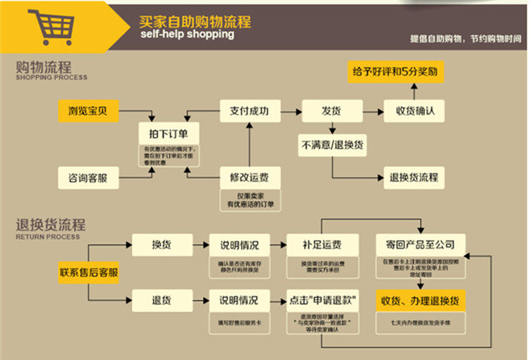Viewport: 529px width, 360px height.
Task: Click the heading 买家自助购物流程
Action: (x=195, y=20)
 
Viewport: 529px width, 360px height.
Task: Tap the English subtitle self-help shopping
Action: (x=186, y=35)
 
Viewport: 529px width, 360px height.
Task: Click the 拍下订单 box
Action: (x=169, y=133)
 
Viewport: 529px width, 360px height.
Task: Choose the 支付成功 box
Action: (x=249, y=111)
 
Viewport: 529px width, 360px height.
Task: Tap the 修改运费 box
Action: (x=249, y=177)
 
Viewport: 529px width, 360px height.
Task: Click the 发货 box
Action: (x=332, y=111)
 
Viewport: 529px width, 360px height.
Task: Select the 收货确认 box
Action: (x=414, y=111)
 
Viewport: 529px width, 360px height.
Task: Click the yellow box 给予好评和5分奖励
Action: (x=396, y=72)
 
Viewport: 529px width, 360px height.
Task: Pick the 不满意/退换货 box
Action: (x=332, y=145)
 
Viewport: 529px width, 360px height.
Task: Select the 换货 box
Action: (x=162, y=245)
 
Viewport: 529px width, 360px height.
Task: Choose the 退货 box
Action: (x=162, y=300)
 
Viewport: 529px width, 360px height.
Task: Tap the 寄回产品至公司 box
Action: (x=420, y=245)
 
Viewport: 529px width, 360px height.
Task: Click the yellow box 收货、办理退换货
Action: (x=420, y=300)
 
